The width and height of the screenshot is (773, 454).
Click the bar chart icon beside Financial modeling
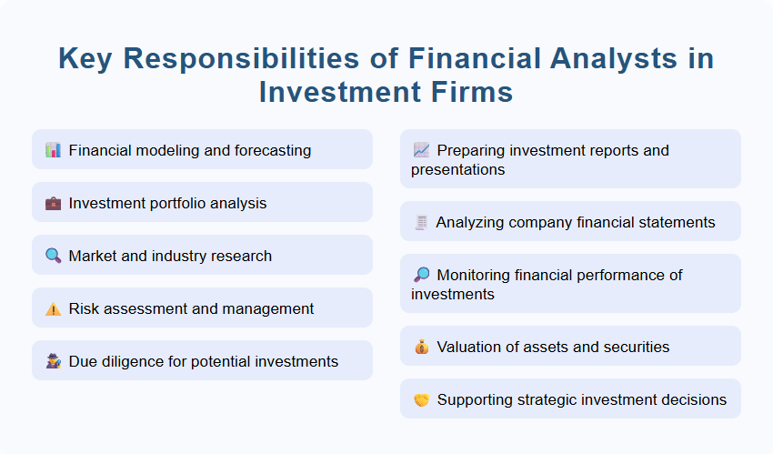[53, 150]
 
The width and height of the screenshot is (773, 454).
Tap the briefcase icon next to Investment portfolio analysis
[53, 203]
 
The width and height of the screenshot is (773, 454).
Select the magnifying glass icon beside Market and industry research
[53, 256]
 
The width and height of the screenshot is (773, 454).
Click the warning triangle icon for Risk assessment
[53, 308]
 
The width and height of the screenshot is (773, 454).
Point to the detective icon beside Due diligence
[53, 361]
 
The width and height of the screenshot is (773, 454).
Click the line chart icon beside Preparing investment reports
[421, 150]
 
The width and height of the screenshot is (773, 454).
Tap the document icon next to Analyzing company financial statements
[421, 222]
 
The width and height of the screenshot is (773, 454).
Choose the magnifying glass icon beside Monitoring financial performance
[421, 275]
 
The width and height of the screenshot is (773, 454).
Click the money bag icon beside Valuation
[421, 347]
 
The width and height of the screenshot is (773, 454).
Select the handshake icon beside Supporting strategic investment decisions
[421, 399]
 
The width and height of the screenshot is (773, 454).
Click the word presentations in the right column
[457, 169]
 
